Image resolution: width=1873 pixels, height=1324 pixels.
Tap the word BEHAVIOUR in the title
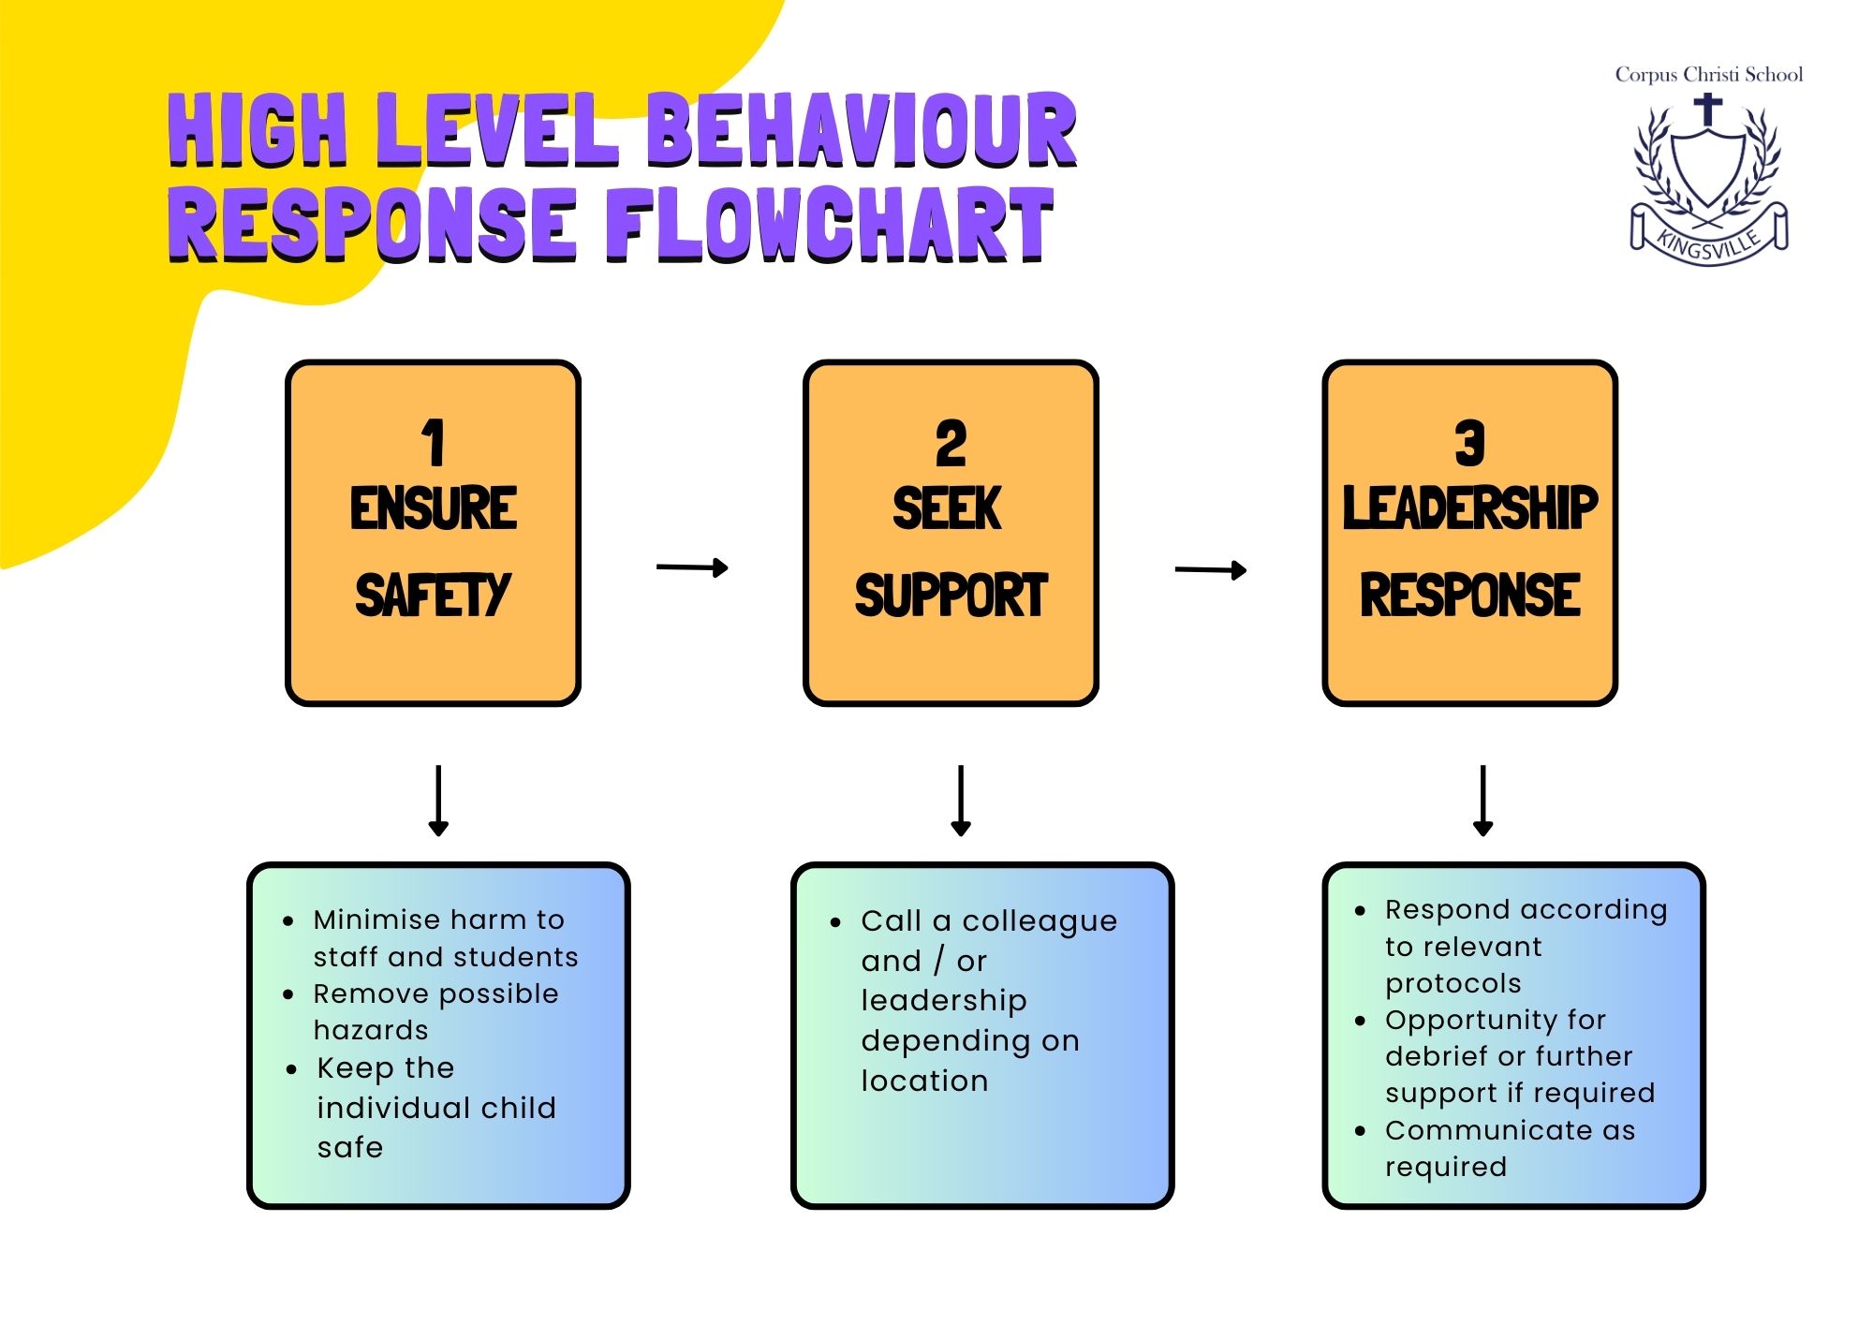(862, 130)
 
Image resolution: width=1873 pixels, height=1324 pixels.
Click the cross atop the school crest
(1708, 109)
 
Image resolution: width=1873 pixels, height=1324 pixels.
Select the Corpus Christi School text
(1708, 75)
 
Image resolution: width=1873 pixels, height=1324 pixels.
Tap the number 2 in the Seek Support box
(951, 443)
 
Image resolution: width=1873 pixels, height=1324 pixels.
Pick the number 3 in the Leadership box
(1469, 443)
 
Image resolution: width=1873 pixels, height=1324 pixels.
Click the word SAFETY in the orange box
(433, 596)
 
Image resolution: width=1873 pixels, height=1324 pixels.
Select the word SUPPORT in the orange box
(951, 596)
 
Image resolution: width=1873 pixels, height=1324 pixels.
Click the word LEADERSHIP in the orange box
(1469, 508)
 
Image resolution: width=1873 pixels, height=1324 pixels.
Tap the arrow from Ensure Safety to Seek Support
(692, 567)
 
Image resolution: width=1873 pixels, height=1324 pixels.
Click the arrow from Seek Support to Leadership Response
(1210, 569)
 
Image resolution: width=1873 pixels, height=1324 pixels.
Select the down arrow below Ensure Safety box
(438, 801)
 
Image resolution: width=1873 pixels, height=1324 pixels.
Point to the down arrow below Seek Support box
(961, 801)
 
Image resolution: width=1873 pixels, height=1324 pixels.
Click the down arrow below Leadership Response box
(1482, 801)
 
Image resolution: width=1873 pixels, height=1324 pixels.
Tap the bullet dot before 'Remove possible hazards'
(288, 994)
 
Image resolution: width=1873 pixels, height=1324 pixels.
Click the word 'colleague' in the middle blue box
(1040, 921)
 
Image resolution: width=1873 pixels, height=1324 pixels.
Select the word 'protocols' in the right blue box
(1453, 983)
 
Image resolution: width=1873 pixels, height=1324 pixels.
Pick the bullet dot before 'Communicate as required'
(1361, 1131)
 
